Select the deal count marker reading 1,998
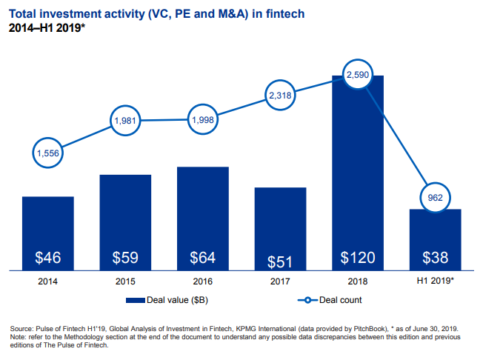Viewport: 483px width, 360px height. point(203,120)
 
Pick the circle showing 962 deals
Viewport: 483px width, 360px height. point(435,198)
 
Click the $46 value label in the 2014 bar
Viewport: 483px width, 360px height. point(48,258)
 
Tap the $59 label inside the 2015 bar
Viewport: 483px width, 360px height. point(125,258)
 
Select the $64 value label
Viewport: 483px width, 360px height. point(203,258)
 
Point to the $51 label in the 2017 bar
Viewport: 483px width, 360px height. point(281,261)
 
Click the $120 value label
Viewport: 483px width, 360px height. point(358,258)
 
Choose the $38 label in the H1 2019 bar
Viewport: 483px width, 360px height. point(435,258)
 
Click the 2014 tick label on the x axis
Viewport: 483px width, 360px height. point(48,282)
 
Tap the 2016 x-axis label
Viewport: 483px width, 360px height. point(203,282)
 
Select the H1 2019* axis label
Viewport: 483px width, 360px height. point(435,282)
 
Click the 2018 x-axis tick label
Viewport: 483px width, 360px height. point(358,282)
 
